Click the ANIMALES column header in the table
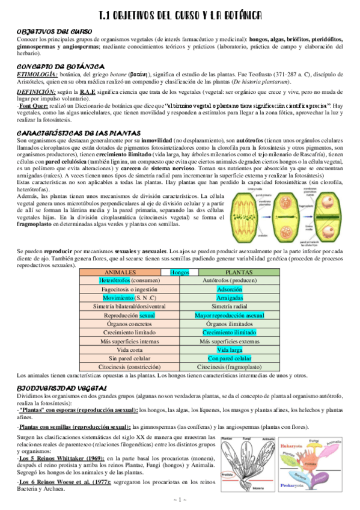click(x=120, y=272)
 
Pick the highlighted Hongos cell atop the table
click(x=179, y=272)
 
